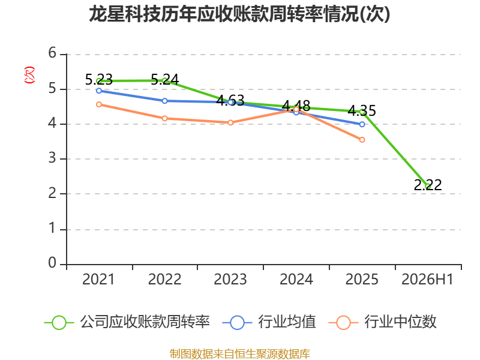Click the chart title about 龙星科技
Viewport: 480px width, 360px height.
239,14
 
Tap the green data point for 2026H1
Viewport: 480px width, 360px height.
428,186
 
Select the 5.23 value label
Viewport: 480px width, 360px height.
99,80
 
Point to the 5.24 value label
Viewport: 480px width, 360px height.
164,80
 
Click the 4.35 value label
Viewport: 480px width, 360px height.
362,111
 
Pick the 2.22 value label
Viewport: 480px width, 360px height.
428,185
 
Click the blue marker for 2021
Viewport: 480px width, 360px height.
99,91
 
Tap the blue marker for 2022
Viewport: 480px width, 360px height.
164,101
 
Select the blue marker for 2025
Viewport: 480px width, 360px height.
362,124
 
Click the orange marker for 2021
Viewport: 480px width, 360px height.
99,104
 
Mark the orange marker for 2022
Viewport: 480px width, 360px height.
164,118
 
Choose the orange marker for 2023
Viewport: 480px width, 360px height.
230,122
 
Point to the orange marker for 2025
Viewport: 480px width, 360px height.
362,140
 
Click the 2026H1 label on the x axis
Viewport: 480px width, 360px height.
427,280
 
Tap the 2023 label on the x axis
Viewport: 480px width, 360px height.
230,280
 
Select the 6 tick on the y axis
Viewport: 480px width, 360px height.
52,53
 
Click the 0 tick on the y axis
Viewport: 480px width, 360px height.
52,263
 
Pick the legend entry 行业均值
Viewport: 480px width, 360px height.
269,322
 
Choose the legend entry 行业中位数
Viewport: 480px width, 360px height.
382,322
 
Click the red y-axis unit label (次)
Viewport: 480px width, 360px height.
29,75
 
